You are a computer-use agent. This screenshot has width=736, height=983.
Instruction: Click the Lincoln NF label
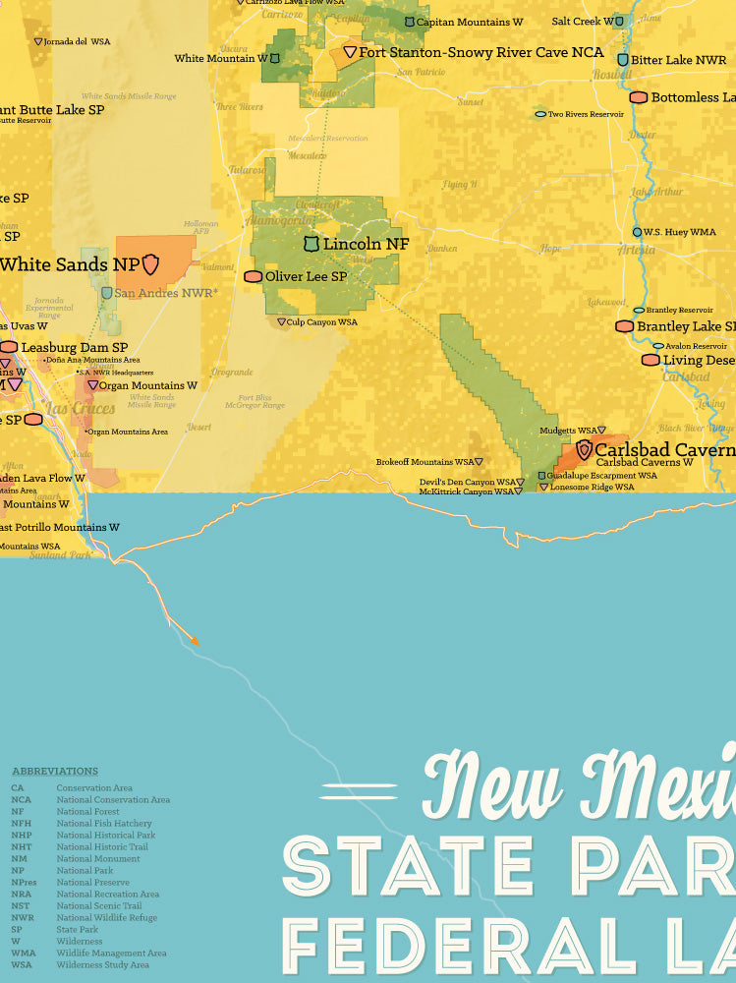click(x=366, y=243)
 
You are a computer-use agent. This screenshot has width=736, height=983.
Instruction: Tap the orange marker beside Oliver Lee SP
click(x=253, y=277)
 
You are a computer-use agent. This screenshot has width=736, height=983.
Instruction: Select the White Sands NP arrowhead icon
click(x=151, y=263)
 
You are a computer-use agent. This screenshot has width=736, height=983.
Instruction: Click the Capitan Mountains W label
click(x=469, y=22)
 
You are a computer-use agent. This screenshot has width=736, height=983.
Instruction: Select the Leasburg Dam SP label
click(x=75, y=347)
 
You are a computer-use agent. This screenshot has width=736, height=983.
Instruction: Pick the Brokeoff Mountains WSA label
click(x=425, y=461)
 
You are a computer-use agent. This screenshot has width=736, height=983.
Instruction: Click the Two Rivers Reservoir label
click(x=586, y=114)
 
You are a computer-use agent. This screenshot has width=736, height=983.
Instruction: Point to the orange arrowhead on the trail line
click(x=194, y=640)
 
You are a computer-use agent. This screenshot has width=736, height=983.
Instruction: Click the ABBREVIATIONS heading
click(x=55, y=772)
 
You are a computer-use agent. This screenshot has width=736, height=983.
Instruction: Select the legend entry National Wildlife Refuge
click(x=106, y=917)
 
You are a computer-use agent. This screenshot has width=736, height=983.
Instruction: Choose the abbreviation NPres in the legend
click(x=24, y=882)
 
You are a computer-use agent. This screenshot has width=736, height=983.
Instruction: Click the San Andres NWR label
click(x=165, y=293)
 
